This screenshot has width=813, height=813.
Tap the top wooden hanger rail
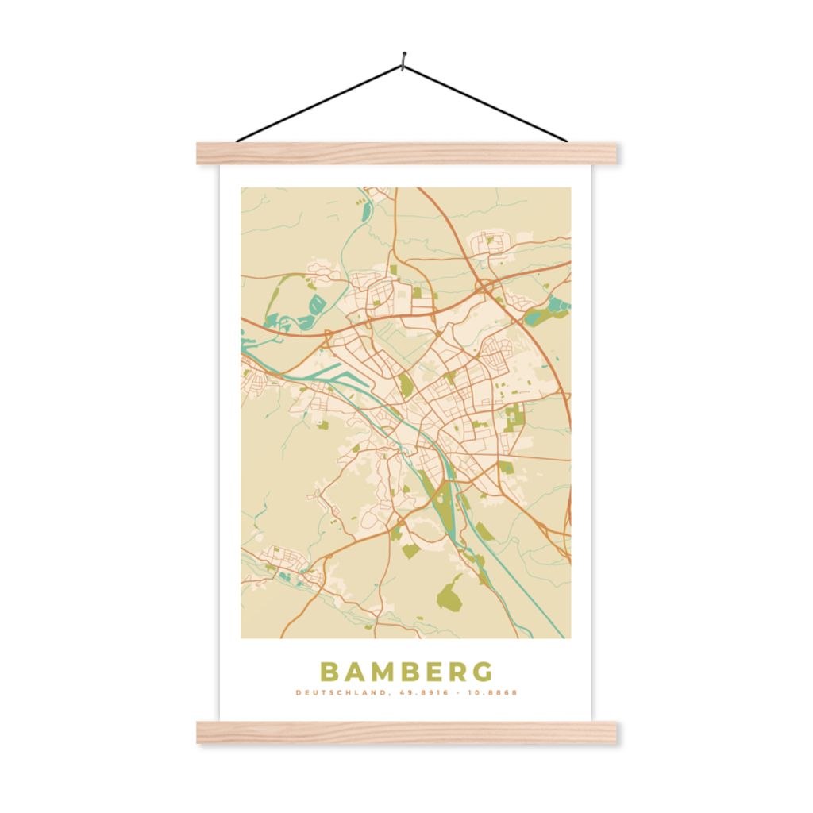point(406,152)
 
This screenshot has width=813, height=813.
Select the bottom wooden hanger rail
point(406,732)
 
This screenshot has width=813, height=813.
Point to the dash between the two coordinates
point(454,693)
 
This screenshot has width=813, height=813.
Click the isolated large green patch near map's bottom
point(449,592)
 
